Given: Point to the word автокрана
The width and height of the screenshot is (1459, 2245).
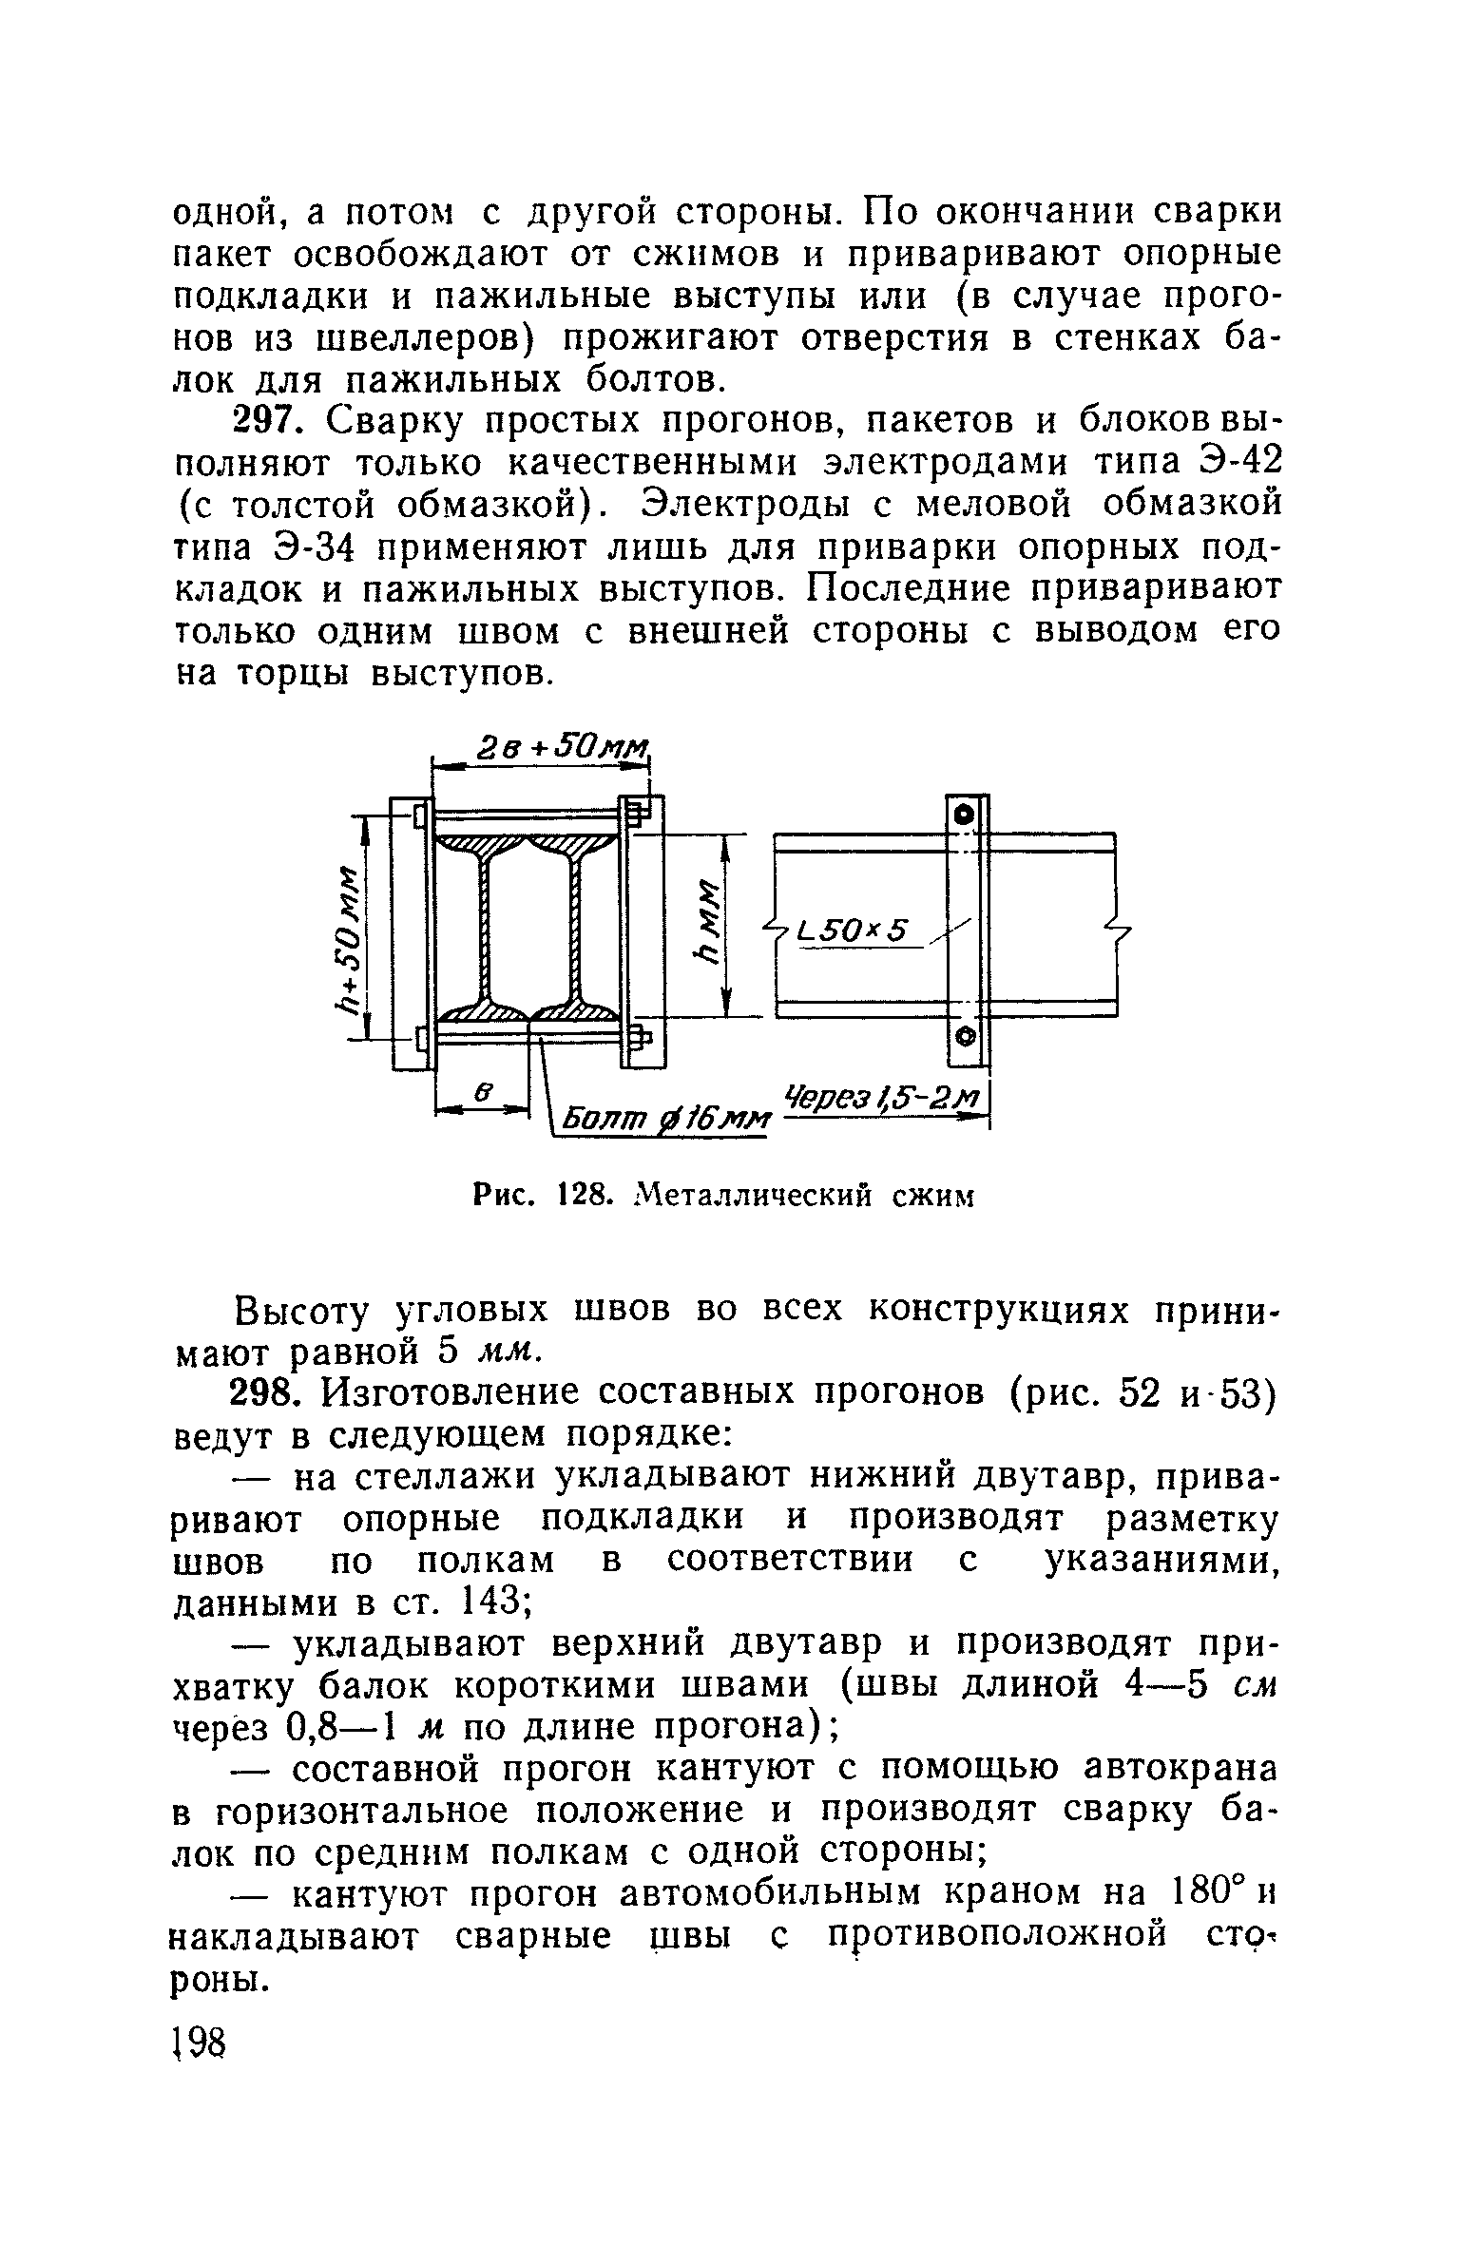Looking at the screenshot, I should [x=1180, y=1770].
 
